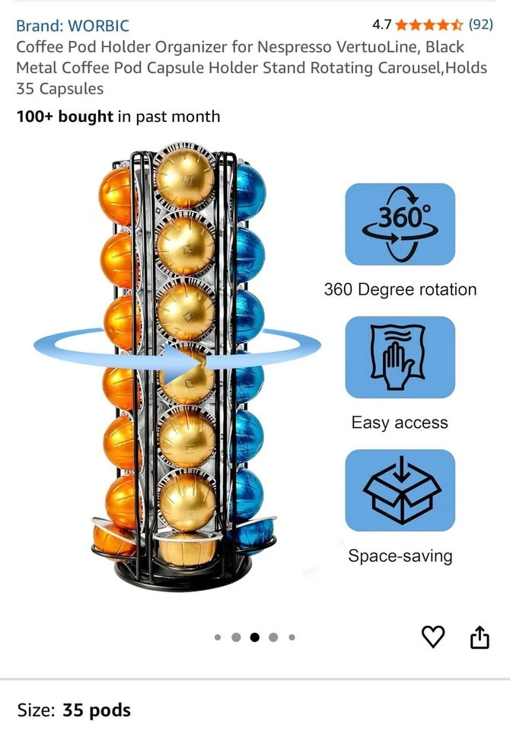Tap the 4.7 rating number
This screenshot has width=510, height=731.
(382, 24)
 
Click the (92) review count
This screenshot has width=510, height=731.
(480, 24)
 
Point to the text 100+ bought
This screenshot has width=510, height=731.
(65, 116)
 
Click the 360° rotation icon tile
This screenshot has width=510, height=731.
(400, 224)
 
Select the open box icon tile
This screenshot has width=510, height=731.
(400, 490)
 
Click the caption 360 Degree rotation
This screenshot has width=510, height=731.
(400, 289)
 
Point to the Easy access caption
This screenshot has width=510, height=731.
(400, 423)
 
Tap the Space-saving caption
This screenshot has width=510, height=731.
(400, 556)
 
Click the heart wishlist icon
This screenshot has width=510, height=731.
(433, 637)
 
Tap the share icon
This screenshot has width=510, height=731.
(480, 637)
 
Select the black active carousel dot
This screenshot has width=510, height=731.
(254, 637)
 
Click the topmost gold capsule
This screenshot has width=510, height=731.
(185, 177)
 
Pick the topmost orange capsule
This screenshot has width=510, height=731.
(116, 196)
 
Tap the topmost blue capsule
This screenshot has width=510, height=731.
(250, 192)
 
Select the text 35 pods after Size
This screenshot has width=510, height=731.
(97, 710)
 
